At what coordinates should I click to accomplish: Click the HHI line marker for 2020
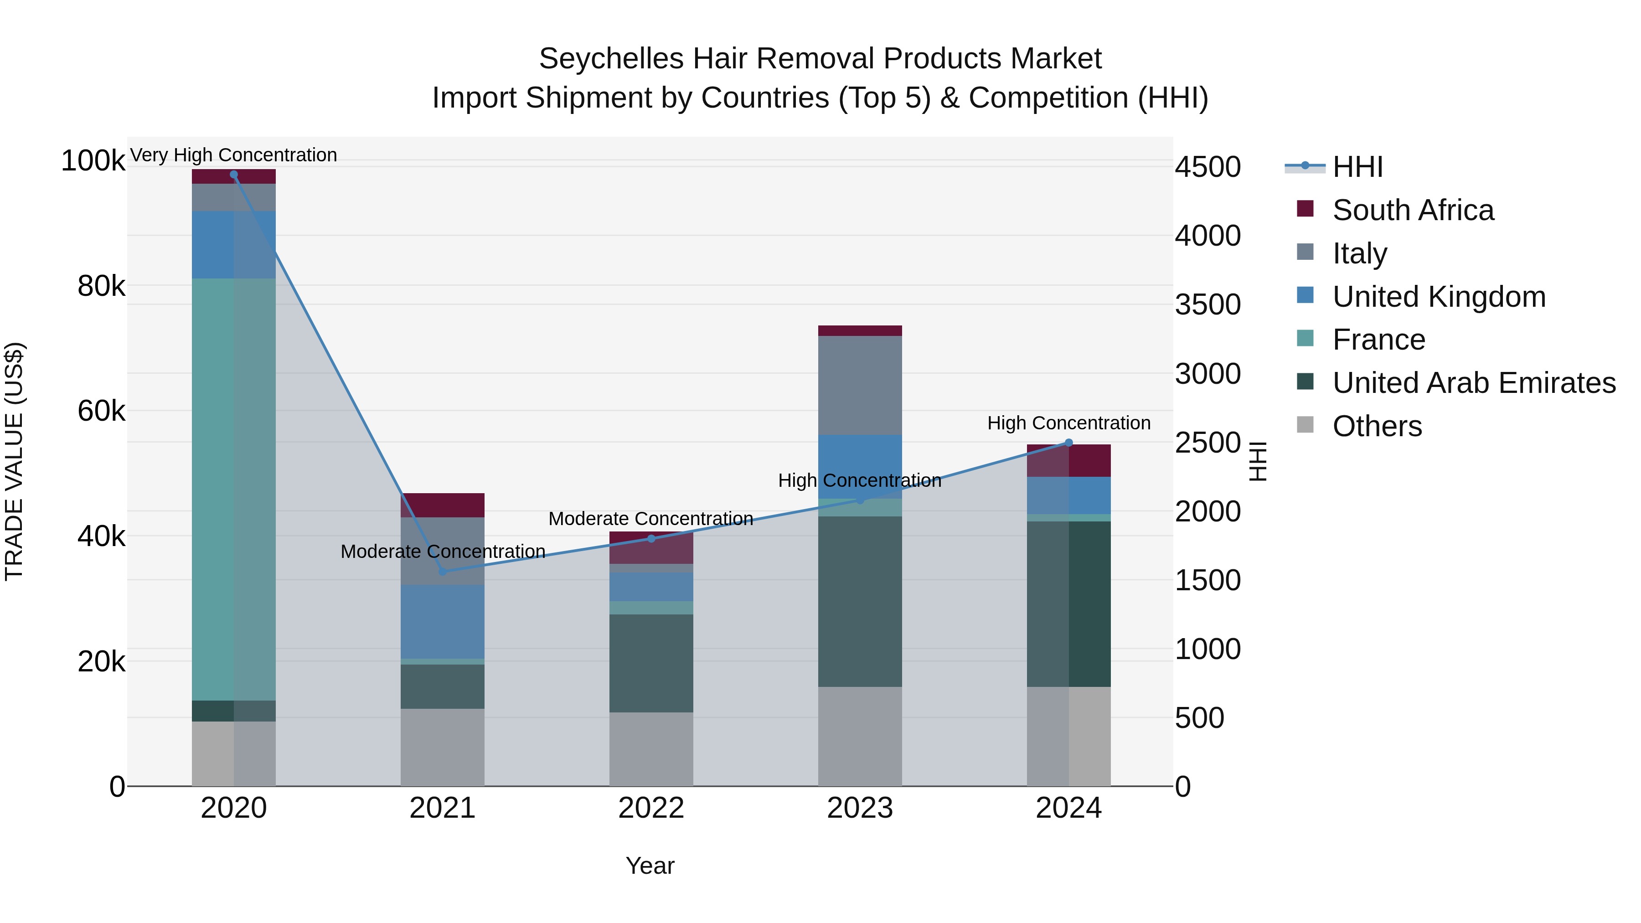(234, 175)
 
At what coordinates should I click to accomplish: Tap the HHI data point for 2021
(443, 572)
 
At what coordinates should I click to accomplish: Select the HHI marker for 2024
(1069, 443)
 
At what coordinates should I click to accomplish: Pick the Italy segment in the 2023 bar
(860, 385)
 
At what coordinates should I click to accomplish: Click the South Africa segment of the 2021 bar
(443, 505)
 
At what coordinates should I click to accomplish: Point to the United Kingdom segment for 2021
(443, 622)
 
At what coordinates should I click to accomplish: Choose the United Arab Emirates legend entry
(1473, 383)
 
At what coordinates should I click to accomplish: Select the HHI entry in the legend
(1357, 167)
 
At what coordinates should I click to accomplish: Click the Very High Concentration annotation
(234, 155)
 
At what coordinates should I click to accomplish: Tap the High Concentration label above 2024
(1069, 423)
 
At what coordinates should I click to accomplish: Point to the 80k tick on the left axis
(101, 286)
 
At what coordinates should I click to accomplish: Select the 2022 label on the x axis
(651, 808)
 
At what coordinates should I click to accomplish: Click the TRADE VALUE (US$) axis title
(14, 461)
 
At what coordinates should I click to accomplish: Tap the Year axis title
(650, 866)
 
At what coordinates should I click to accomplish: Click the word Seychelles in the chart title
(612, 59)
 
